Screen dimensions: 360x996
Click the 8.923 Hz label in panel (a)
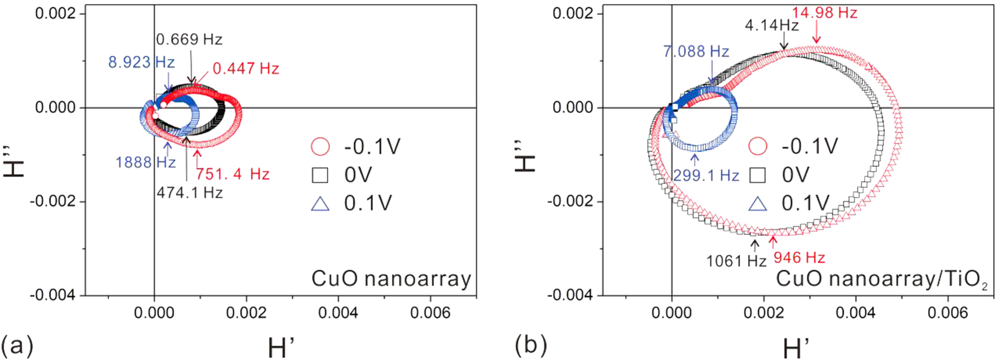pyautogui.click(x=141, y=62)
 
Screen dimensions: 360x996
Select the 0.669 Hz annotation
pyautogui.click(x=189, y=39)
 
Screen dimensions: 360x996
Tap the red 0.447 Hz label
pyautogui.click(x=246, y=68)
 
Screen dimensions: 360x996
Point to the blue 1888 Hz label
pyautogui.click(x=146, y=162)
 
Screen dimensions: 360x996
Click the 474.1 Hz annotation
pyautogui.click(x=190, y=193)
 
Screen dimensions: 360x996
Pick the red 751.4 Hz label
pyautogui.click(x=233, y=174)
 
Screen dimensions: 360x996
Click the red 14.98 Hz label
pyautogui.click(x=825, y=13)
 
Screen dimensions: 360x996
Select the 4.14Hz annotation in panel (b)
pyautogui.click(x=772, y=25)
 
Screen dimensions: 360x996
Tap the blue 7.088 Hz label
pyautogui.click(x=696, y=51)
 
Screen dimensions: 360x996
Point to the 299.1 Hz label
pyautogui.click(x=706, y=176)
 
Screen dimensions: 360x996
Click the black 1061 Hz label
pyautogui.click(x=736, y=261)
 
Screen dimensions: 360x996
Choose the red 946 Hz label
pyautogui.click(x=799, y=258)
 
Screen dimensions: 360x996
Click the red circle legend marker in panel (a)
pyautogui.click(x=320, y=147)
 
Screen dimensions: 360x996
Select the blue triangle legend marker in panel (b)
pyautogui.click(x=758, y=204)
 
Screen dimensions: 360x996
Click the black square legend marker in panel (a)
pyautogui.click(x=320, y=175)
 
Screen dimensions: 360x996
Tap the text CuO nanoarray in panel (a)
pyautogui.click(x=391, y=279)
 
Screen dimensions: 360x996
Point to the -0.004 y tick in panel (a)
pyautogui.click(x=53, y=295)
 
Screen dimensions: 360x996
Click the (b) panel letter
pyautogui.click(x=530, y=345)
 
